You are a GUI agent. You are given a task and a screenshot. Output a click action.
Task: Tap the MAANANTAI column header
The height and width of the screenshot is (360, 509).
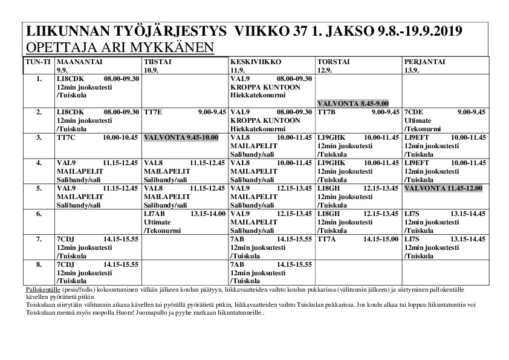pyautogui.click(x=77, y=62)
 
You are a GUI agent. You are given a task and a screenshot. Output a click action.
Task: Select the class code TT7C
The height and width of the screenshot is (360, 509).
pyautogui.click(x=65, y=137)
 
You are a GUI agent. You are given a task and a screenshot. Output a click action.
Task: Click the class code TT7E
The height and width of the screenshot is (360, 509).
pyautogui.click(x=153, y=112)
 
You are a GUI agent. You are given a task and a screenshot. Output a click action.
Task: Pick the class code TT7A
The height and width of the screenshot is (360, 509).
pyautogui.click(x=328, y=239)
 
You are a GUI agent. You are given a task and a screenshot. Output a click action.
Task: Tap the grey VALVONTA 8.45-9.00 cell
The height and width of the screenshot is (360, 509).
pyautogui.click(x=353, y=103)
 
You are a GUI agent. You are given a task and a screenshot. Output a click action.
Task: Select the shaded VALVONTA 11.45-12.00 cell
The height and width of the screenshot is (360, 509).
pyautogui.click(x=443, y=188)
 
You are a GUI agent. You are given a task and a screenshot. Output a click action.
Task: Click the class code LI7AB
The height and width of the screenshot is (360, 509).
pyautogui.click(x=155, y=214)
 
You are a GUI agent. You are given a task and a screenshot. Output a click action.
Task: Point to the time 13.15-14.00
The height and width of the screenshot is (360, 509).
pyautogui.click(x=208, y=214)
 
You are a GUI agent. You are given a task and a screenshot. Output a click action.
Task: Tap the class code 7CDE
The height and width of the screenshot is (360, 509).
pyautogui.click(x=415, y=112)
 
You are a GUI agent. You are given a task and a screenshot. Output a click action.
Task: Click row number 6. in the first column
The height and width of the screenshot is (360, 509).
pyautogui.click(x=39, y=214)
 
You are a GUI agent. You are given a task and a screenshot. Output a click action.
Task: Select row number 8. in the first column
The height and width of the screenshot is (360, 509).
pyautogui.click(x=39, y=264)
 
